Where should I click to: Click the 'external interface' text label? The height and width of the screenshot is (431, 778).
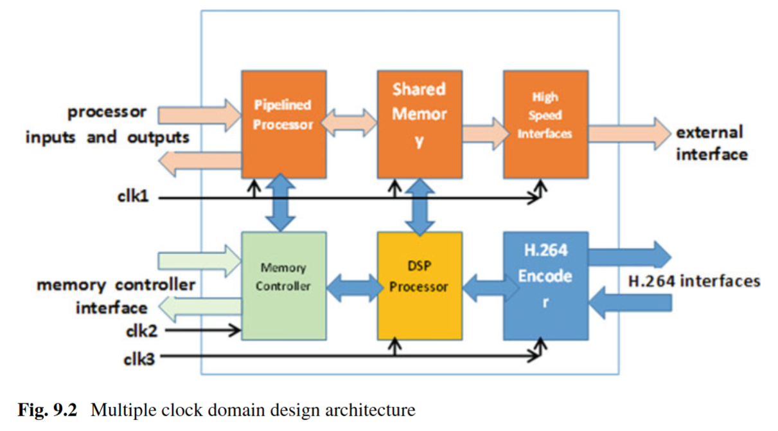pyautogui.click(x=711, y=143)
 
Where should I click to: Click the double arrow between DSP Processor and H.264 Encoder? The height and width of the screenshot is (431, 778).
pyautogui.click(x=482, y=288)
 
